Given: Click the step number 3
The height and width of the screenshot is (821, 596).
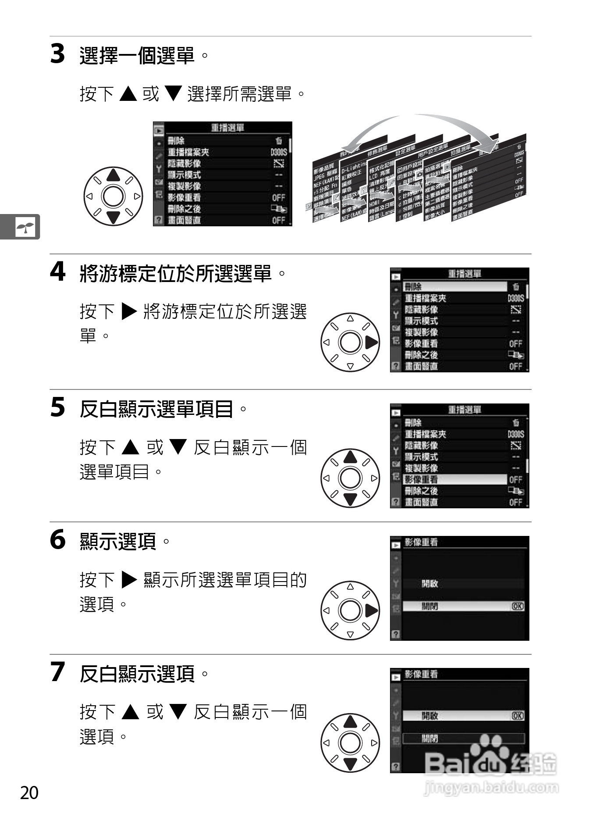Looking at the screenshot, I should point(57,54).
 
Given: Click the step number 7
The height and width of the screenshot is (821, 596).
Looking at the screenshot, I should point(57,672).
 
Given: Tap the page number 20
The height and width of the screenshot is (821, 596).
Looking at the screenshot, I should point(29,793).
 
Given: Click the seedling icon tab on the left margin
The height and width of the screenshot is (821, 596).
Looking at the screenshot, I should point(25,227).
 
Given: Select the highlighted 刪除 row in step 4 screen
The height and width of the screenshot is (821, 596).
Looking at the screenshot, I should point(454,287).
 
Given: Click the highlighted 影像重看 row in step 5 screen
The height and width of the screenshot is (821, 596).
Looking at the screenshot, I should point(454,479).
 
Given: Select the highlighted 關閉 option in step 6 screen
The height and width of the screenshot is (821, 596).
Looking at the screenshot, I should point(463,607).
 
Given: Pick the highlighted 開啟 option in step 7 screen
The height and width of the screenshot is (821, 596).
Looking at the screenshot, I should point(463,716).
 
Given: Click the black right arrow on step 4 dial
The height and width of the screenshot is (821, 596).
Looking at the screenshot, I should point(371,343).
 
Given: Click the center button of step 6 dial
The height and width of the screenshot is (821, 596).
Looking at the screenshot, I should point(350,610).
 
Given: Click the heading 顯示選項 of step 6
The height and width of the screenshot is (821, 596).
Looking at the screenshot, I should point(118,541).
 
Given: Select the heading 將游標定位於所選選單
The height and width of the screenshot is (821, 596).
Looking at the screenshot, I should point(176,274).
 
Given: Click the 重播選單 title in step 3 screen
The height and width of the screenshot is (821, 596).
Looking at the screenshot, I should point(227,128).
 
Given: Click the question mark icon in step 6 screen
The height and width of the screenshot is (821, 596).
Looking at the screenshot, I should point(396,634).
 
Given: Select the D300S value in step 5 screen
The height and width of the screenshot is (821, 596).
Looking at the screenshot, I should point(516,434).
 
